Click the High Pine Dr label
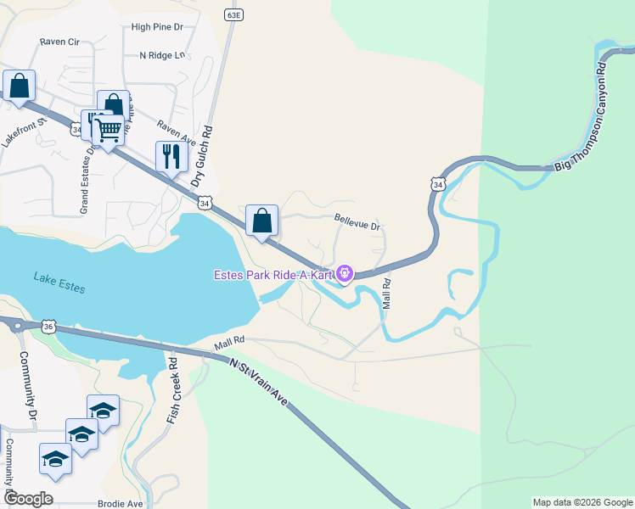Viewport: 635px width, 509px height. pyautogui.click(x=157, y=27)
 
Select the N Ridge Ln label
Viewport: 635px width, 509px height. pyautogui.click(x=161, y=55)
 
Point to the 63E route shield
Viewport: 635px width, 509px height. pyautogui.click(x=234, y=15)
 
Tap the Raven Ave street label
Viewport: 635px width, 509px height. pyautogui.click(x=176, y=130)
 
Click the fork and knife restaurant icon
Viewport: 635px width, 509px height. pyautogui.click(x=171, y=155)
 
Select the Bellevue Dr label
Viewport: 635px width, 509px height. pyautogui.click(x=357, y=221)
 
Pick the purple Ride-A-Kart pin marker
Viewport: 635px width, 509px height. pyautogui.click(x=345, y=273)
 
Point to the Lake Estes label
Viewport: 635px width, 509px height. pyautogui.click(x=59, y=282)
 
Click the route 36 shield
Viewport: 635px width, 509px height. pyautogui.click(x=48, y=327)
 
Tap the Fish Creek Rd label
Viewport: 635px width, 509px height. pyautogui.click(x=173, y=389)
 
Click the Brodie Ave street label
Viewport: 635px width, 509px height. pyautogui.click(x=120, y=503)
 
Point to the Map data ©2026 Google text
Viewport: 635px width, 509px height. pyautogui.click(x=582, y=502)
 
